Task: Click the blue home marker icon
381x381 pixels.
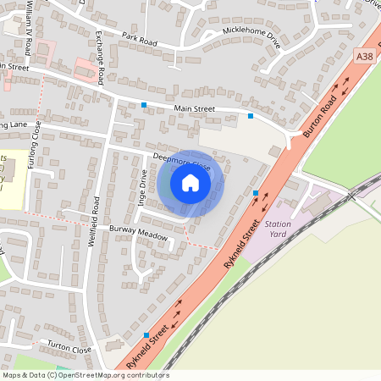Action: click(x=190, y=183)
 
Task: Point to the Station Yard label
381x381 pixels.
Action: click(x=278, y=229)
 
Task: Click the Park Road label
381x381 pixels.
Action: click(x=140, y=38)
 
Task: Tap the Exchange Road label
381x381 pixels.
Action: click(x=100, y=58)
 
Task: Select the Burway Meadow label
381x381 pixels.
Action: click(x=139, y=234)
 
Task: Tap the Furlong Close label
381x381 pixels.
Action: click(x=36, y=144)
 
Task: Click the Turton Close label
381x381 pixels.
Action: click(x=69, y=349)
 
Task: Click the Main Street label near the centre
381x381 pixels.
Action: click(x=196, y=108)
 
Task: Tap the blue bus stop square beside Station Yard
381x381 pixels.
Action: click(x=256, y=194)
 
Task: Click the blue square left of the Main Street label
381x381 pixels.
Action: click(x=144, y=105)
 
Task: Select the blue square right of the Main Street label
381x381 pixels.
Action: click(x=251, y=115)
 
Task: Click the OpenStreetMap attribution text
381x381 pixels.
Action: click(x=85, y=374)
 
